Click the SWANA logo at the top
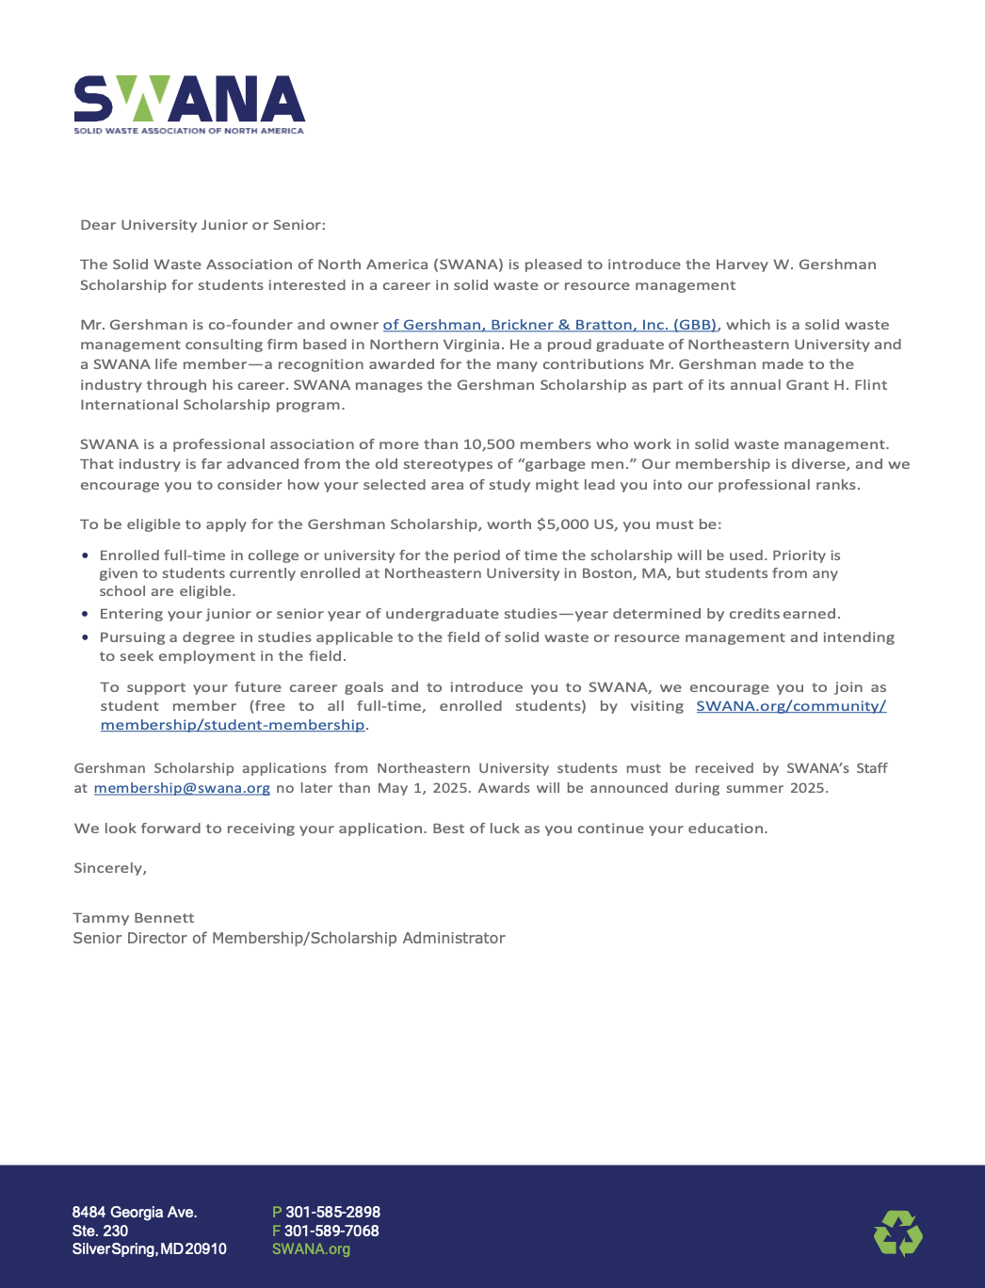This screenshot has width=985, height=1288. [x=189, y=104]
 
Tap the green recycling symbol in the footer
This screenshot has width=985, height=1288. [x=897, y=1233]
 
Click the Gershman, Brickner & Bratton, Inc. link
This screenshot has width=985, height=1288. [x=550, y=325]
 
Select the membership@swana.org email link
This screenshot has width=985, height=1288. [x=182, y=788]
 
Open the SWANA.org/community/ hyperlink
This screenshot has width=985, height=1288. [x=791, y=706]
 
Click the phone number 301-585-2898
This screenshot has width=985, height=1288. [x=332, y=1212]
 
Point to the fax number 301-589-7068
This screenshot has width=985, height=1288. [x=331, y=1231]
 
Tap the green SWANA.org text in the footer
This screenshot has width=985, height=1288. [x=311, y=1249]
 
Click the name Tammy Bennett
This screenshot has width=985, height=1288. [x=134, y=918]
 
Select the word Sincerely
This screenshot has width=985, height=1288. [x=110, y=868]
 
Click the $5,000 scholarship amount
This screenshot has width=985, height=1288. [x=562, y=524]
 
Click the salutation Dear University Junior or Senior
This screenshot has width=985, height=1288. [x=202, y=225]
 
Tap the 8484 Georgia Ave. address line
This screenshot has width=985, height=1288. [x=135, y=1212]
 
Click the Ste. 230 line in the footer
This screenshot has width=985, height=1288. [x=100, y=1231]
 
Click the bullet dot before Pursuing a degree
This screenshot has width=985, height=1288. [x=86, y=637]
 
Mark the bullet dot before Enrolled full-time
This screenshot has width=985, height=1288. [x=86, y=556]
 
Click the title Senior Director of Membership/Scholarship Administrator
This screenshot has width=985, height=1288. [x=289, y=938]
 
